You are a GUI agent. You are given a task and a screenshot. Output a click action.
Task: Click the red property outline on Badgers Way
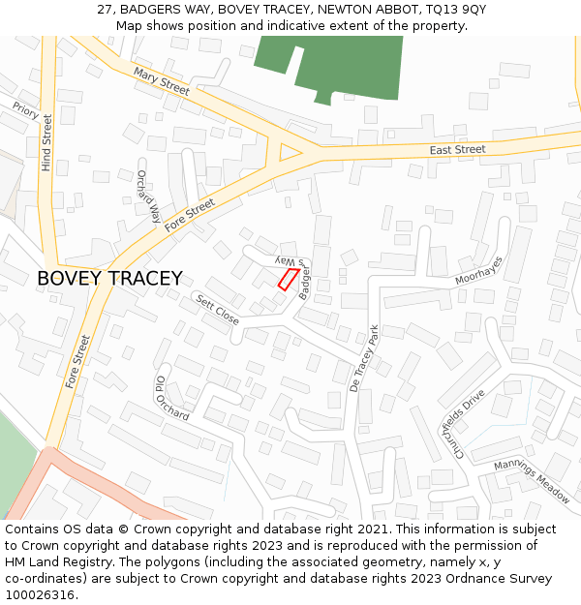(x=288, y=279)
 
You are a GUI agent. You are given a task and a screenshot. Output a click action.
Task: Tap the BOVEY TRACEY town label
(x=109, y=279)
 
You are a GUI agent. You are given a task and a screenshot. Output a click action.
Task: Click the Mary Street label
(x=162, y=80)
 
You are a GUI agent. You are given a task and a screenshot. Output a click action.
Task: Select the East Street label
(x=457, y=150)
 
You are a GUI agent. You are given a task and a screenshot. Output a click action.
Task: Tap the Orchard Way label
(x=148, y=197)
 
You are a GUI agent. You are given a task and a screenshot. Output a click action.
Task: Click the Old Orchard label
(x=171, y=398)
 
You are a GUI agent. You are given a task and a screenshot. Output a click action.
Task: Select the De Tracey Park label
(x=365, y=357)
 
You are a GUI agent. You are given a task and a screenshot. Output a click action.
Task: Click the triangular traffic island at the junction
(x=288, y=152)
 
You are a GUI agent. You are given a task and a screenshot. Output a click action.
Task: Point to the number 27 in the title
(x=105, y=10)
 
